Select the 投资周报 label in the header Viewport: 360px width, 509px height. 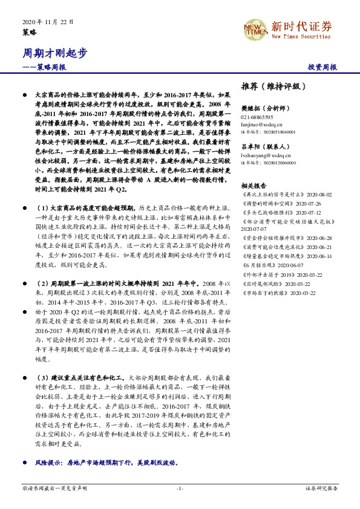tap(322, 68)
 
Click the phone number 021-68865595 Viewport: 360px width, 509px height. tap(257, 117)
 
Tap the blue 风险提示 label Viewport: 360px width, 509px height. tap(48, 462)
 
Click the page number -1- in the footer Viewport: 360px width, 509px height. tap(180, 487)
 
